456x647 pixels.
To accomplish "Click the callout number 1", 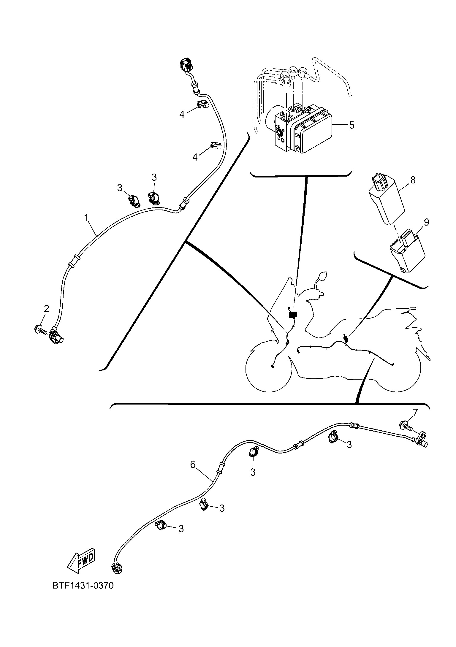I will tap(86, 218).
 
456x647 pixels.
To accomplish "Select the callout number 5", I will tap(352, 125).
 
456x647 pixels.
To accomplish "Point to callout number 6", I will tap(193, 464).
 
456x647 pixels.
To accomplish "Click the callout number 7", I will tap(415, 412).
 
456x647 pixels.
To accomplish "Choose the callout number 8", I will tap(413, 180).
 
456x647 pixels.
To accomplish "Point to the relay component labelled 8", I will tap(386, 202).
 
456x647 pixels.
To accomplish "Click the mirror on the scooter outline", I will tap(322, 276).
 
